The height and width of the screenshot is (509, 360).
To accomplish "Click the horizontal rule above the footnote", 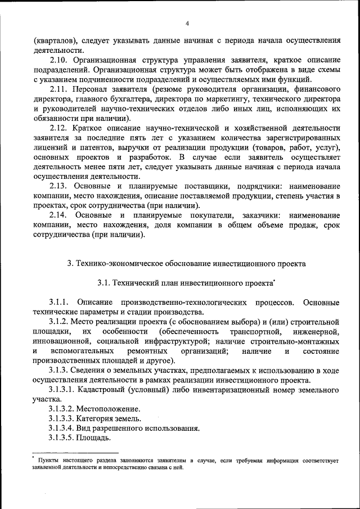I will click(x=75, y=453).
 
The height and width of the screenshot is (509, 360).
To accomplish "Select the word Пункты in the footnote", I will click(x=49, y=461).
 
